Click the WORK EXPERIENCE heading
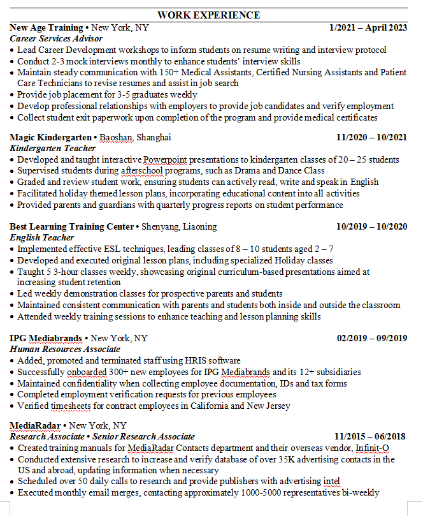click(208, 15)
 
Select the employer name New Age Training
click(47, 27)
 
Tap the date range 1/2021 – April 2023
click(368, 27)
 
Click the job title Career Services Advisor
click(56, 38)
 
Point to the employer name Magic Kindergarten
click(51, 137)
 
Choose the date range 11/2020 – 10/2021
click(371, 137)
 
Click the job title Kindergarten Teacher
click(52, 148)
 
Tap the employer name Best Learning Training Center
click(72, 226)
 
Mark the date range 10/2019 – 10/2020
click(371, 226)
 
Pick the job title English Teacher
click(42, 237)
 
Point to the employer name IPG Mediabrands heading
click(47, 338)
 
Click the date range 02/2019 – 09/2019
click(371, 338)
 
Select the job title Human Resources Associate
click(65, 349)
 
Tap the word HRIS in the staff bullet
click(180, 360)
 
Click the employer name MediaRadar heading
click(36, 425)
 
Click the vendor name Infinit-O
click(373, 448)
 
